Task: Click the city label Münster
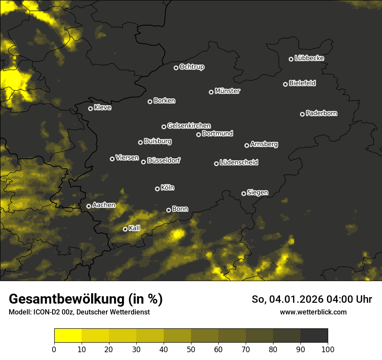click(x=227, y=91)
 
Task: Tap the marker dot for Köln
click(x=157, y=189)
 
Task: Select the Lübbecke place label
click(x=309, y=58)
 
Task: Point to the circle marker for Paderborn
click(x=302, y=114)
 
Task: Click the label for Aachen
click(x=104, y=205)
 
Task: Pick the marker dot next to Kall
click(x=125, y=229)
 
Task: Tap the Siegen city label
click(x=257, y=193)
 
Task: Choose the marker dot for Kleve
click(x=90, y=108)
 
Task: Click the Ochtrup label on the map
click(x=191, y=67)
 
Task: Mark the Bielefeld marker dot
click(x=285, y=84)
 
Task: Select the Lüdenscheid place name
click(x=239, y=163)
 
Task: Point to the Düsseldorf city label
click(x=164, y=160)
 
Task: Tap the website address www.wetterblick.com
click(x=313, y=312)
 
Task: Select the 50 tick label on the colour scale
click(x=191, y=349)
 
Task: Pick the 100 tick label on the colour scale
click(x=328, y=349)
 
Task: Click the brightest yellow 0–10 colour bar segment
click(x=68, y=336)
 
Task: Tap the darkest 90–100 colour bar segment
click(x=314, y=336)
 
